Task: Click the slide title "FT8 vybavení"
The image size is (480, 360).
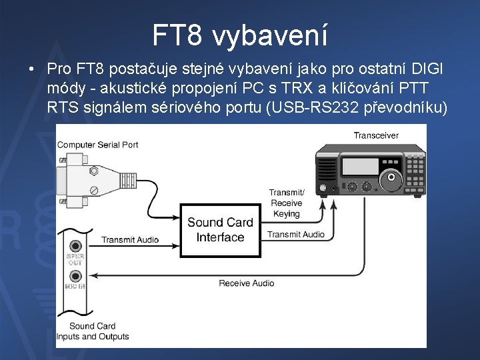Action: (x=240, y=35)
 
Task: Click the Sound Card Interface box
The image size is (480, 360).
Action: (x=220, y=230)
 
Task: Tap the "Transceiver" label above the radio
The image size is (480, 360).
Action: (x=376, y=135)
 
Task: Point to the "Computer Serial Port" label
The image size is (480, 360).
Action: (x=98, y=145)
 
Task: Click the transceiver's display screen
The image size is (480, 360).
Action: (x=359, y=166)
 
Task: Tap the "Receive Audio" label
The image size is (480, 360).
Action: (x=246, y=283)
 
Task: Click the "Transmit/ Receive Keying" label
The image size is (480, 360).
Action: (x=286, y=203)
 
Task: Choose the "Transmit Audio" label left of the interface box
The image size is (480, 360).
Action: (x=130, y=240)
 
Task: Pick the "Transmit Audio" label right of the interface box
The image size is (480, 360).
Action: (x=296, y=235)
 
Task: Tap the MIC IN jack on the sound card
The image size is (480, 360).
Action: (x=75, y=275)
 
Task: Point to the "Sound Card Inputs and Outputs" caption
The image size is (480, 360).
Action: (x=93, y=331)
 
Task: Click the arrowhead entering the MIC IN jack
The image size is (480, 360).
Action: (x=94, y=275)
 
